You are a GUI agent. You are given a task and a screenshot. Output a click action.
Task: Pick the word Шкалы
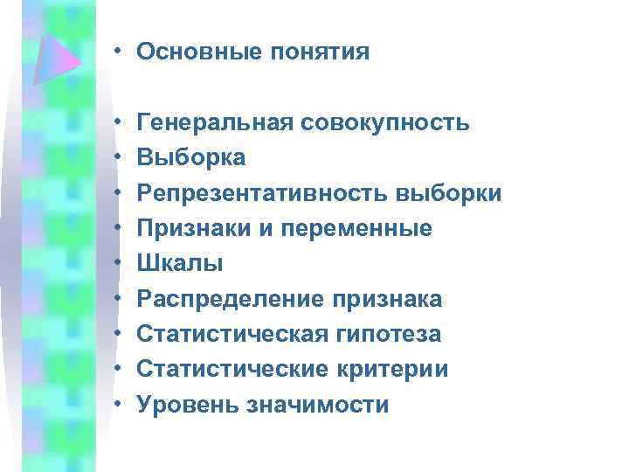pyautogui.click(x=180, y=263)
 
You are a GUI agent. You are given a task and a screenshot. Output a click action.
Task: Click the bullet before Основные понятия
pyautogui.click(x=116, y=52)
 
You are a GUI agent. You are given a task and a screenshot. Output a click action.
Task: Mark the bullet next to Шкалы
pyautogui.click(x=116, y=263)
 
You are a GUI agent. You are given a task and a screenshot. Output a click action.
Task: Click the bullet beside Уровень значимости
pyautogui.click(x=116, y=405)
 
